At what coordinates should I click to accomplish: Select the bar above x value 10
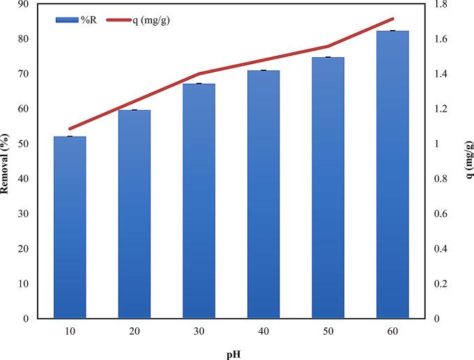[x=70, y=227]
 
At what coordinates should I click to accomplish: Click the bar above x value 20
[x=135, y=214]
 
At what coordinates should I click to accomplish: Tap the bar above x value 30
[x=199, y=201]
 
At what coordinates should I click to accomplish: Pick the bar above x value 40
[x=263, y=194]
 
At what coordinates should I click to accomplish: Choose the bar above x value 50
[x=328, y=188]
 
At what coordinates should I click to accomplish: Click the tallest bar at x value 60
[x=392, y=174]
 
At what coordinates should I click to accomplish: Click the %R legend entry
[x=77, y=20]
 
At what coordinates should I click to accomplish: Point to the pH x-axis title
[x=231, y=353]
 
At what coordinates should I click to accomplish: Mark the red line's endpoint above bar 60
[x=392, y=19]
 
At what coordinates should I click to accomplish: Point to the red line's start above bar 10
[x=70, y=129]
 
